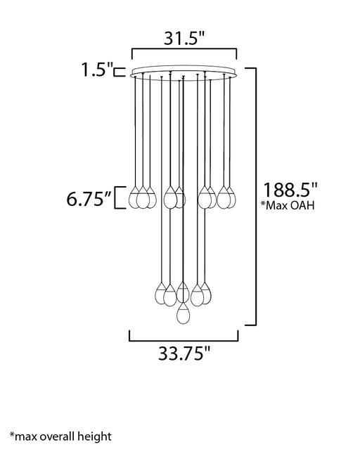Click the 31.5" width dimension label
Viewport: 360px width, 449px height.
click(185, 38)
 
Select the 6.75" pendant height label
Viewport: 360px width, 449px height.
click(89, 199)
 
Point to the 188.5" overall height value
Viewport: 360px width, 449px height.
click(290, 190)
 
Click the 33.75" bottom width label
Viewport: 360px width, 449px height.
click(184, 353)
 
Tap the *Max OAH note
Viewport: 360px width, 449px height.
click(288, 205)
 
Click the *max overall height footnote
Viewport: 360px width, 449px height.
click(60, 436)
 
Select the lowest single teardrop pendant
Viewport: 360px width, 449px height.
click(183, 313)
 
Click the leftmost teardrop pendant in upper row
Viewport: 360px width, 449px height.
click(134, 197)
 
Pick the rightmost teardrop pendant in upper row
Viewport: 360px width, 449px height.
click(231, 197)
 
